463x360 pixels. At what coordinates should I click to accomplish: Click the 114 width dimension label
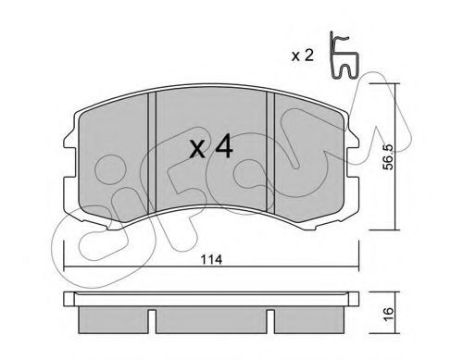click(211, 260)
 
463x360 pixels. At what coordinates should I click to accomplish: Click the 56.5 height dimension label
click(388, 156)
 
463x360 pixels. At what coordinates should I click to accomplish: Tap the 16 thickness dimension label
click(389, 314)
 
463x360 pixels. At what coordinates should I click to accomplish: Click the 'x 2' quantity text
click(303, 56)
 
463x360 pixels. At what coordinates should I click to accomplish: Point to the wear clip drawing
click(344, 56)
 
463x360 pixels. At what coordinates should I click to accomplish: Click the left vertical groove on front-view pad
click(152, 153)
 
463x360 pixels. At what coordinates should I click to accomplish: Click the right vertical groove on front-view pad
click(270, 152)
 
